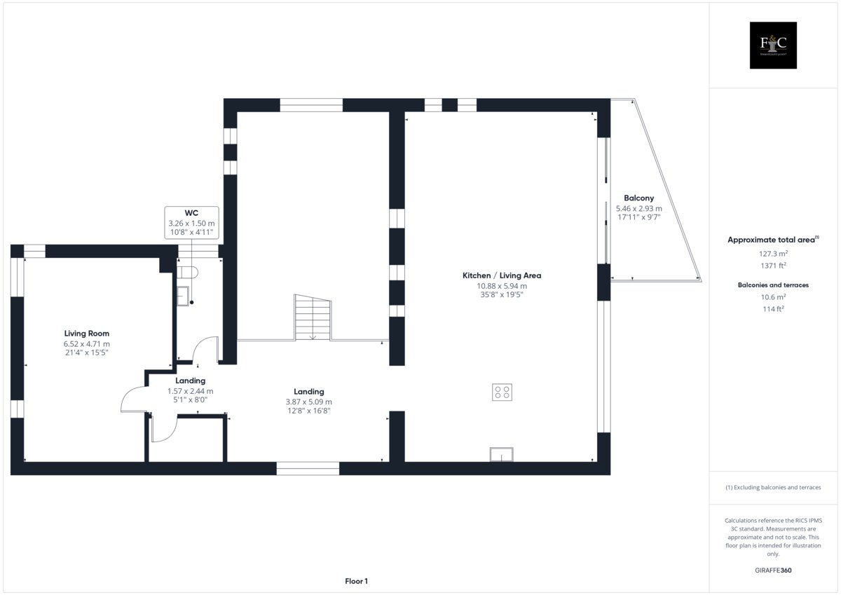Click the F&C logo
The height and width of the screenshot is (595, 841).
773,45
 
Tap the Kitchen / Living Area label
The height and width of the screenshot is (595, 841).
502,275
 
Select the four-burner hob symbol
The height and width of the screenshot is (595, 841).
502,392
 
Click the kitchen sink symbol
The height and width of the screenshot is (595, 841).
502,454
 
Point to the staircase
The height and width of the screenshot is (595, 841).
313,317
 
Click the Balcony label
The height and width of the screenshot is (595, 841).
638,198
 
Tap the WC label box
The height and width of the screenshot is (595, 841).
191,223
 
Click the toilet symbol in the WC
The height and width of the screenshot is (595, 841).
187,272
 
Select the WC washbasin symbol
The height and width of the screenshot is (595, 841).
183,296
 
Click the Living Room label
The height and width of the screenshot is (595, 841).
86,334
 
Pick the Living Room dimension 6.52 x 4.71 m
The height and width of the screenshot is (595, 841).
86,344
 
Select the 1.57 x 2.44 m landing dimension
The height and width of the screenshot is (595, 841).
191,391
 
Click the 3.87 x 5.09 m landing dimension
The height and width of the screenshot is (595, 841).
308,402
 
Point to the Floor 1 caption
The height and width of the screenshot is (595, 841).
356,581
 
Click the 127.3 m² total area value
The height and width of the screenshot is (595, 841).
773,254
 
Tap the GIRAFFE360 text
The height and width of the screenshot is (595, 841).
773,570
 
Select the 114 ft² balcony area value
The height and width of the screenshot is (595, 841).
773,309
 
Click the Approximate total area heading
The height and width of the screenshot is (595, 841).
773,240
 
